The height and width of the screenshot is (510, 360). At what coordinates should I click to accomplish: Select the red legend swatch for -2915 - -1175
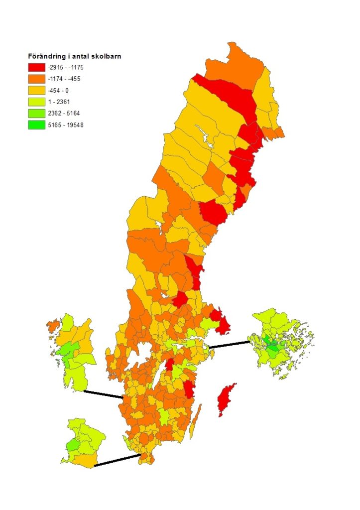coord(37,67)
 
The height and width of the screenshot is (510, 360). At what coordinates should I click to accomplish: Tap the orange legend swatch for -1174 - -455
coord(37,78)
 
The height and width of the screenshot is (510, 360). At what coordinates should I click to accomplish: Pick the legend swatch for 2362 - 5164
coord(37,113)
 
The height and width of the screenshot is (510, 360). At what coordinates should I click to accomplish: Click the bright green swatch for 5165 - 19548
coord(37,125)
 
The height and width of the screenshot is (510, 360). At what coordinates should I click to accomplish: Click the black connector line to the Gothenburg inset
coord(103,394)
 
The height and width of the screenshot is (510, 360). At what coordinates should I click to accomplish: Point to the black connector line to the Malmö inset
coord(117,460)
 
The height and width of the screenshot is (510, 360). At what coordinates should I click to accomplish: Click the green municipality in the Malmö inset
coord(73,444)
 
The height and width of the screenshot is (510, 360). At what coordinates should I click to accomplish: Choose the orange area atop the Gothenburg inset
coord(52,326)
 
